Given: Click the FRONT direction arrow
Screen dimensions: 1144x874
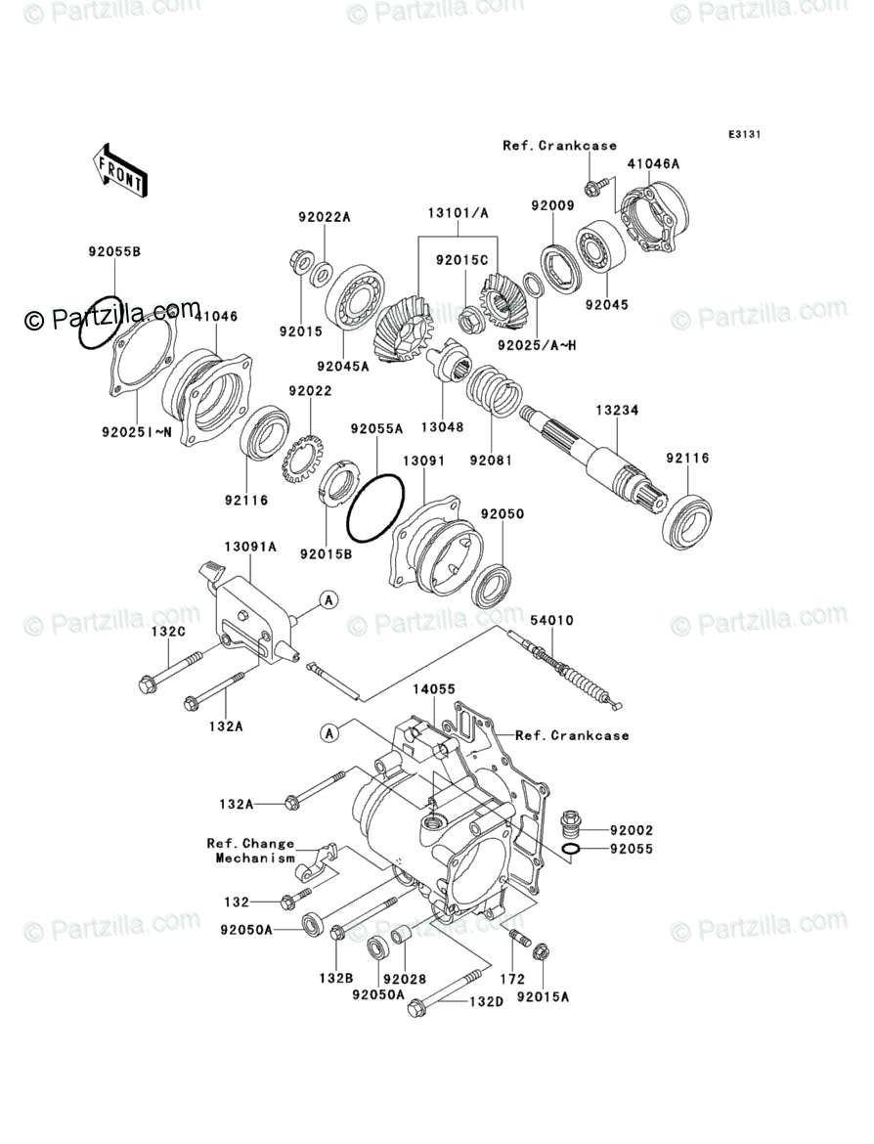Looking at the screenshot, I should (x=120, y=167).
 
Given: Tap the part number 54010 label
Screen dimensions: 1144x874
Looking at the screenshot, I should (x=551, y=620).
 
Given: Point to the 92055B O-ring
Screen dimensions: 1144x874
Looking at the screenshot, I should (x=101, y=322).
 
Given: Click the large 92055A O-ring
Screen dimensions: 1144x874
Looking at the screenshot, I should (x=374, y=507).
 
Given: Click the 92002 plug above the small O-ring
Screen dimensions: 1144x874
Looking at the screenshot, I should (x=571, y=823).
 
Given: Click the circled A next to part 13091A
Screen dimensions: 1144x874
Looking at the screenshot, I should (x=329, y=600).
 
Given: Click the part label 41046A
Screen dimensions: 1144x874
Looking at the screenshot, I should (x=653, y=164).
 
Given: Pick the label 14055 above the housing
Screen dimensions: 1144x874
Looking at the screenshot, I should (x=434, y=689).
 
